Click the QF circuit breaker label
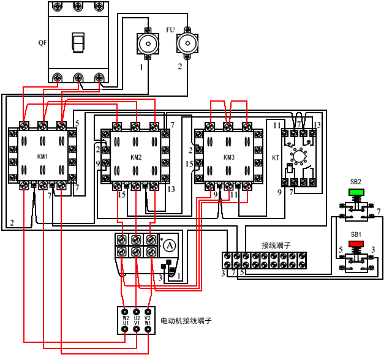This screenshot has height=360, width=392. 42,43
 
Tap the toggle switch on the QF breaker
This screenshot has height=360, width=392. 78,42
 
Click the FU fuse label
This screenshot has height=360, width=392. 170,29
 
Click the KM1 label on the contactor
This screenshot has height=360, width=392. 42,157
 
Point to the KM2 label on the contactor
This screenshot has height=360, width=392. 136,157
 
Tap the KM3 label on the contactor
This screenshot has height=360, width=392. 228,157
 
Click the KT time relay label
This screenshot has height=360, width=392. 276,157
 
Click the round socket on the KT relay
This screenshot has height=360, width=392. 300,157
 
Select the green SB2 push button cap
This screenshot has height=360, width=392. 356,192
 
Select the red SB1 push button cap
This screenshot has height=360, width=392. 356,244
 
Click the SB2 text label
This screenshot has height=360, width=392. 356,182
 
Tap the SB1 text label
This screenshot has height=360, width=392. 356,234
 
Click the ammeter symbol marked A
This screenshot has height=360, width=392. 169,245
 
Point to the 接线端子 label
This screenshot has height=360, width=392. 276,245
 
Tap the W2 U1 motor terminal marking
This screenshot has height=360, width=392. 126,320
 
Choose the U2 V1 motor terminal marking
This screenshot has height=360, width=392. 137,320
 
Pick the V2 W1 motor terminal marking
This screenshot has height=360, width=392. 148,320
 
